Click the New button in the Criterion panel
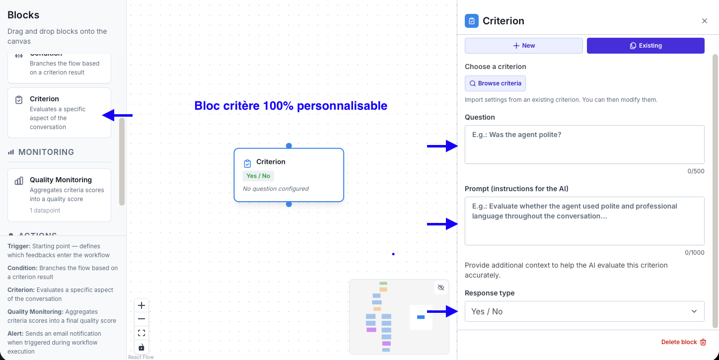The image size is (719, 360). (523, 46)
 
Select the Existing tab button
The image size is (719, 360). (646, 46)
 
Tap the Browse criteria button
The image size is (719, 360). (495, 83)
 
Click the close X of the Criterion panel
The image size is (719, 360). (704, 21)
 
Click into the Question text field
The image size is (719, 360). (584, 144)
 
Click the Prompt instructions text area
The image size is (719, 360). (584, 220)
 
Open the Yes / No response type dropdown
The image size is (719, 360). (584, 311)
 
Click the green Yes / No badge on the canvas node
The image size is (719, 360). (258, 176)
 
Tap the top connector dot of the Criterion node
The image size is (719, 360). (289, 145)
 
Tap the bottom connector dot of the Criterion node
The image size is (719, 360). (289, 204)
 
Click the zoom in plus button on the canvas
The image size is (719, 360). (142, 305)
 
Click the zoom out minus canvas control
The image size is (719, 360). (142, 319)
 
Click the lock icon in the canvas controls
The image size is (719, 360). (142, 347)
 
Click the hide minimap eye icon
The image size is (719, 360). (440, 288)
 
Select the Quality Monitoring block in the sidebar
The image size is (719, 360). (59, 195)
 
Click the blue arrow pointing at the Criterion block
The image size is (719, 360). (117, 115)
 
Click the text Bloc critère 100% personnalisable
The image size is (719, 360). (290, 106)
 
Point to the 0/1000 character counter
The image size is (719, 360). (694, 252)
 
